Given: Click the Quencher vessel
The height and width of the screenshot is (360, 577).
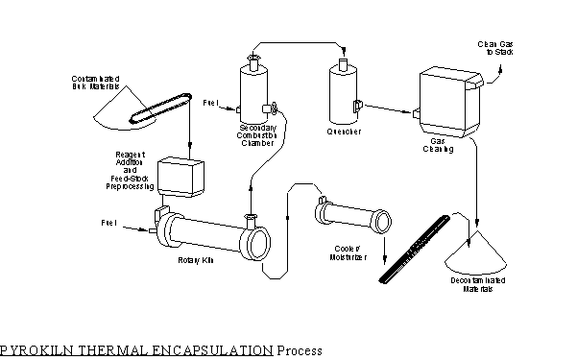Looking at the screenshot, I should pyautogui.click(x=343, y=96).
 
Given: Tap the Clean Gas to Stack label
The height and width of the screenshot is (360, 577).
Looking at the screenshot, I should pyautogui.click(x=500, y=48).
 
